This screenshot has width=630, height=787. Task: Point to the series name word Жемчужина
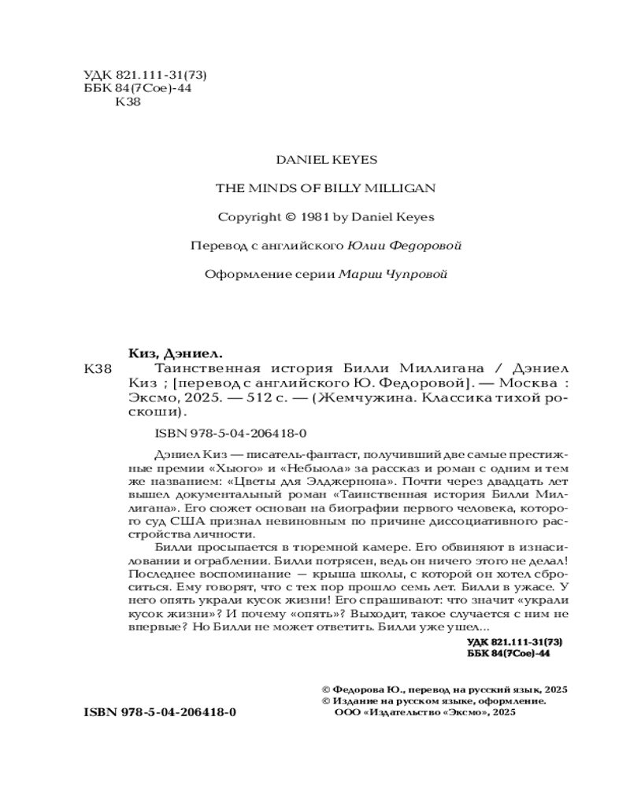[x=362, y=398]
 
